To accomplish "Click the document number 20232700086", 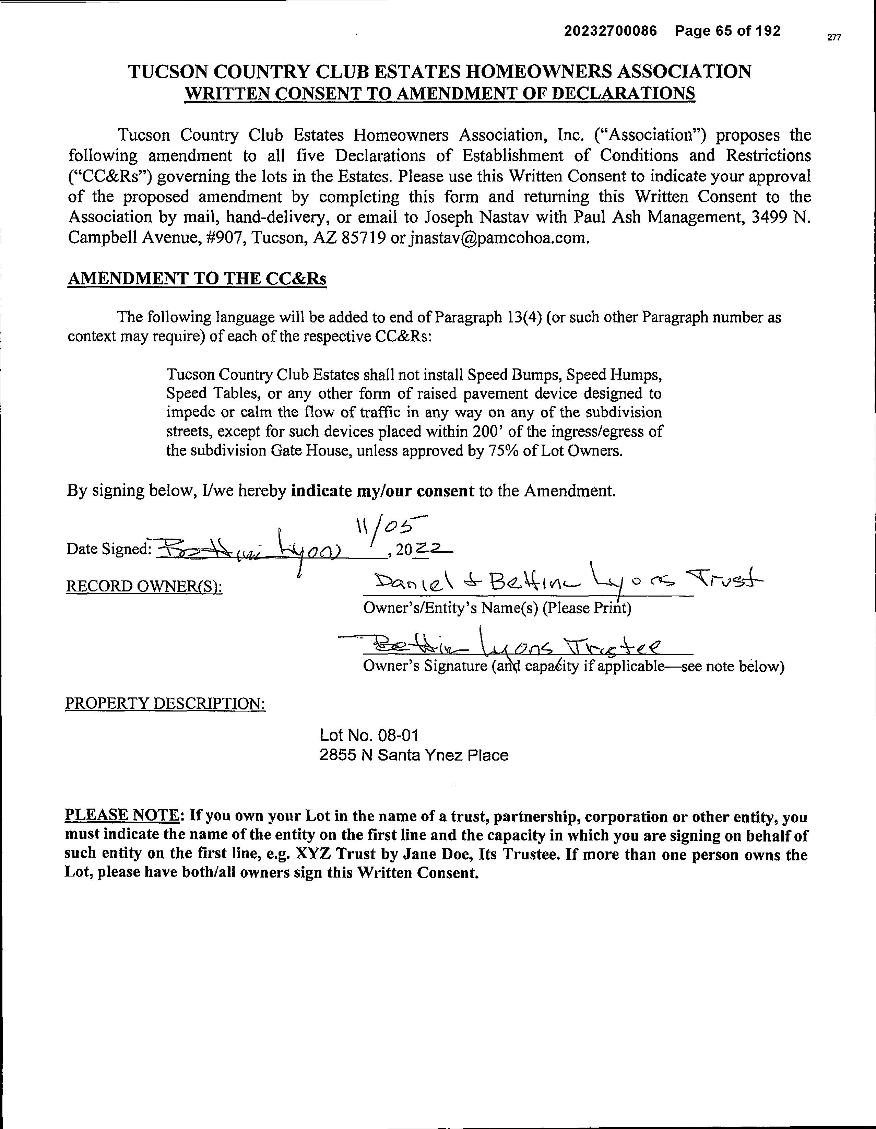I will tap(611, 32).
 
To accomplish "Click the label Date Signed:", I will tap(108, 549).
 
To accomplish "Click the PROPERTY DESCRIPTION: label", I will tap(165, 704).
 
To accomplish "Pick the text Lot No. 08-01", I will tap(369, 735).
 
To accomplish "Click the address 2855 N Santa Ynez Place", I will tap(413, 755).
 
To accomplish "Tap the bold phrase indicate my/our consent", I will tap(382, 491).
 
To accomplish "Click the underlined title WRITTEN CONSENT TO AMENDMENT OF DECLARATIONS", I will tap(440, 94).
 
